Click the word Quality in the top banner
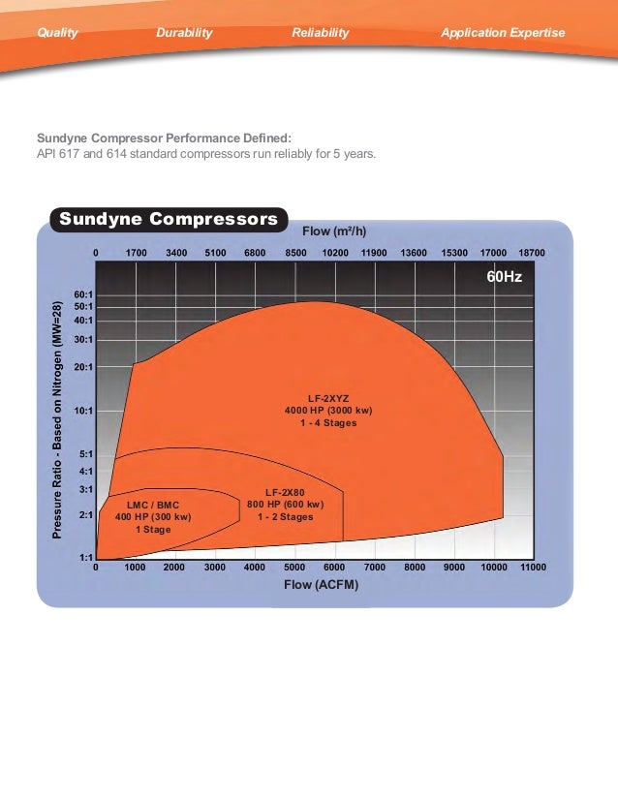tap(57, 33)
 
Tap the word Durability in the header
tap(184, 33)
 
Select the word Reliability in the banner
tap(320, 33)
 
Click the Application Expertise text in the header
tap(502, 33)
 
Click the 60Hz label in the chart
tap(504, 277)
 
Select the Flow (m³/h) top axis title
tap(335, 231)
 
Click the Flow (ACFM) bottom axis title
tap(314, 585)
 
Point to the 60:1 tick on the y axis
tap(83, 293)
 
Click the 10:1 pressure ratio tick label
tap(83, 411)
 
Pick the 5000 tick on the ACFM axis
tap(294, 568)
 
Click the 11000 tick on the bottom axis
tap(533, 568)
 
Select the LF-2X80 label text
tap(285, 492)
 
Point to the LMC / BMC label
tap(153, 505)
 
